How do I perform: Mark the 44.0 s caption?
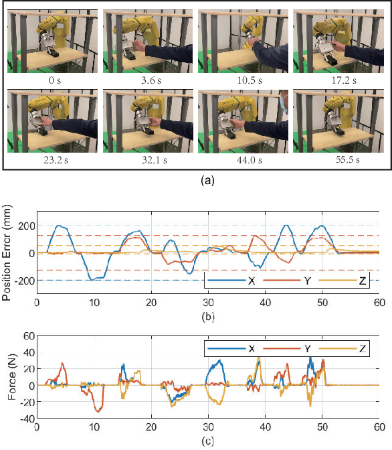[x=243, y=161]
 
